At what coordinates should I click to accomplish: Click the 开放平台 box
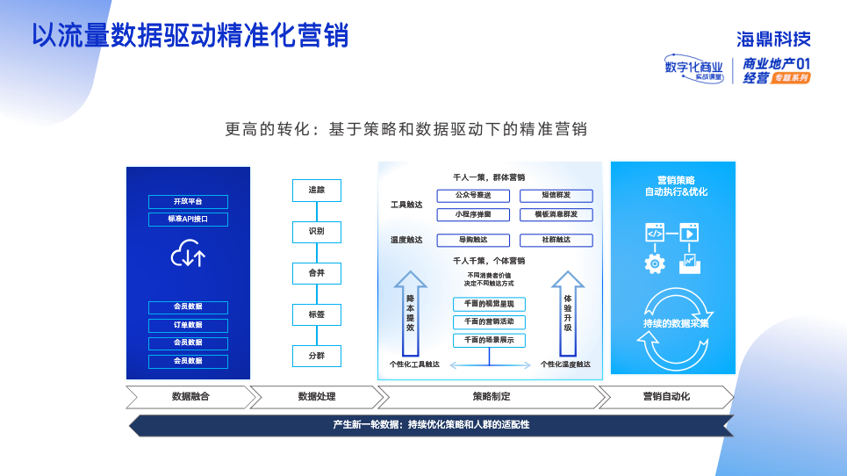(188, 202)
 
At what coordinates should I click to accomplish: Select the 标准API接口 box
(188, 220)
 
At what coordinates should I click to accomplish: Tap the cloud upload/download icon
(188, 255)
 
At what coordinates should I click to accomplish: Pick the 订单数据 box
(188, 325)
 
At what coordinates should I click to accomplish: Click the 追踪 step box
(316, 191)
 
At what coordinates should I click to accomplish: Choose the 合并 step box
(316, 273)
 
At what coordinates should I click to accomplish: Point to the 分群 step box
(316, 357)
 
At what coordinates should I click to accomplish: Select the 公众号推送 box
(473, 196)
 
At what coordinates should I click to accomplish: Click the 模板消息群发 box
(556, 214)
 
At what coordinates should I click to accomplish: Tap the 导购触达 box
(473, 240)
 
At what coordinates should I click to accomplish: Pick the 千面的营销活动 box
(490, 322)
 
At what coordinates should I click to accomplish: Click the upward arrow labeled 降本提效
(410, 312)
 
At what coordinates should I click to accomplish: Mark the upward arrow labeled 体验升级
(567, 312)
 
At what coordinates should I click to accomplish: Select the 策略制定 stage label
(491, 397)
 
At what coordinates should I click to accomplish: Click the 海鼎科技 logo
(773, 39)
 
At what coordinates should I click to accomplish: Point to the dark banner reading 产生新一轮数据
(431, 425)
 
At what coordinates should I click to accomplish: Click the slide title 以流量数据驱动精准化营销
(190, 35)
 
